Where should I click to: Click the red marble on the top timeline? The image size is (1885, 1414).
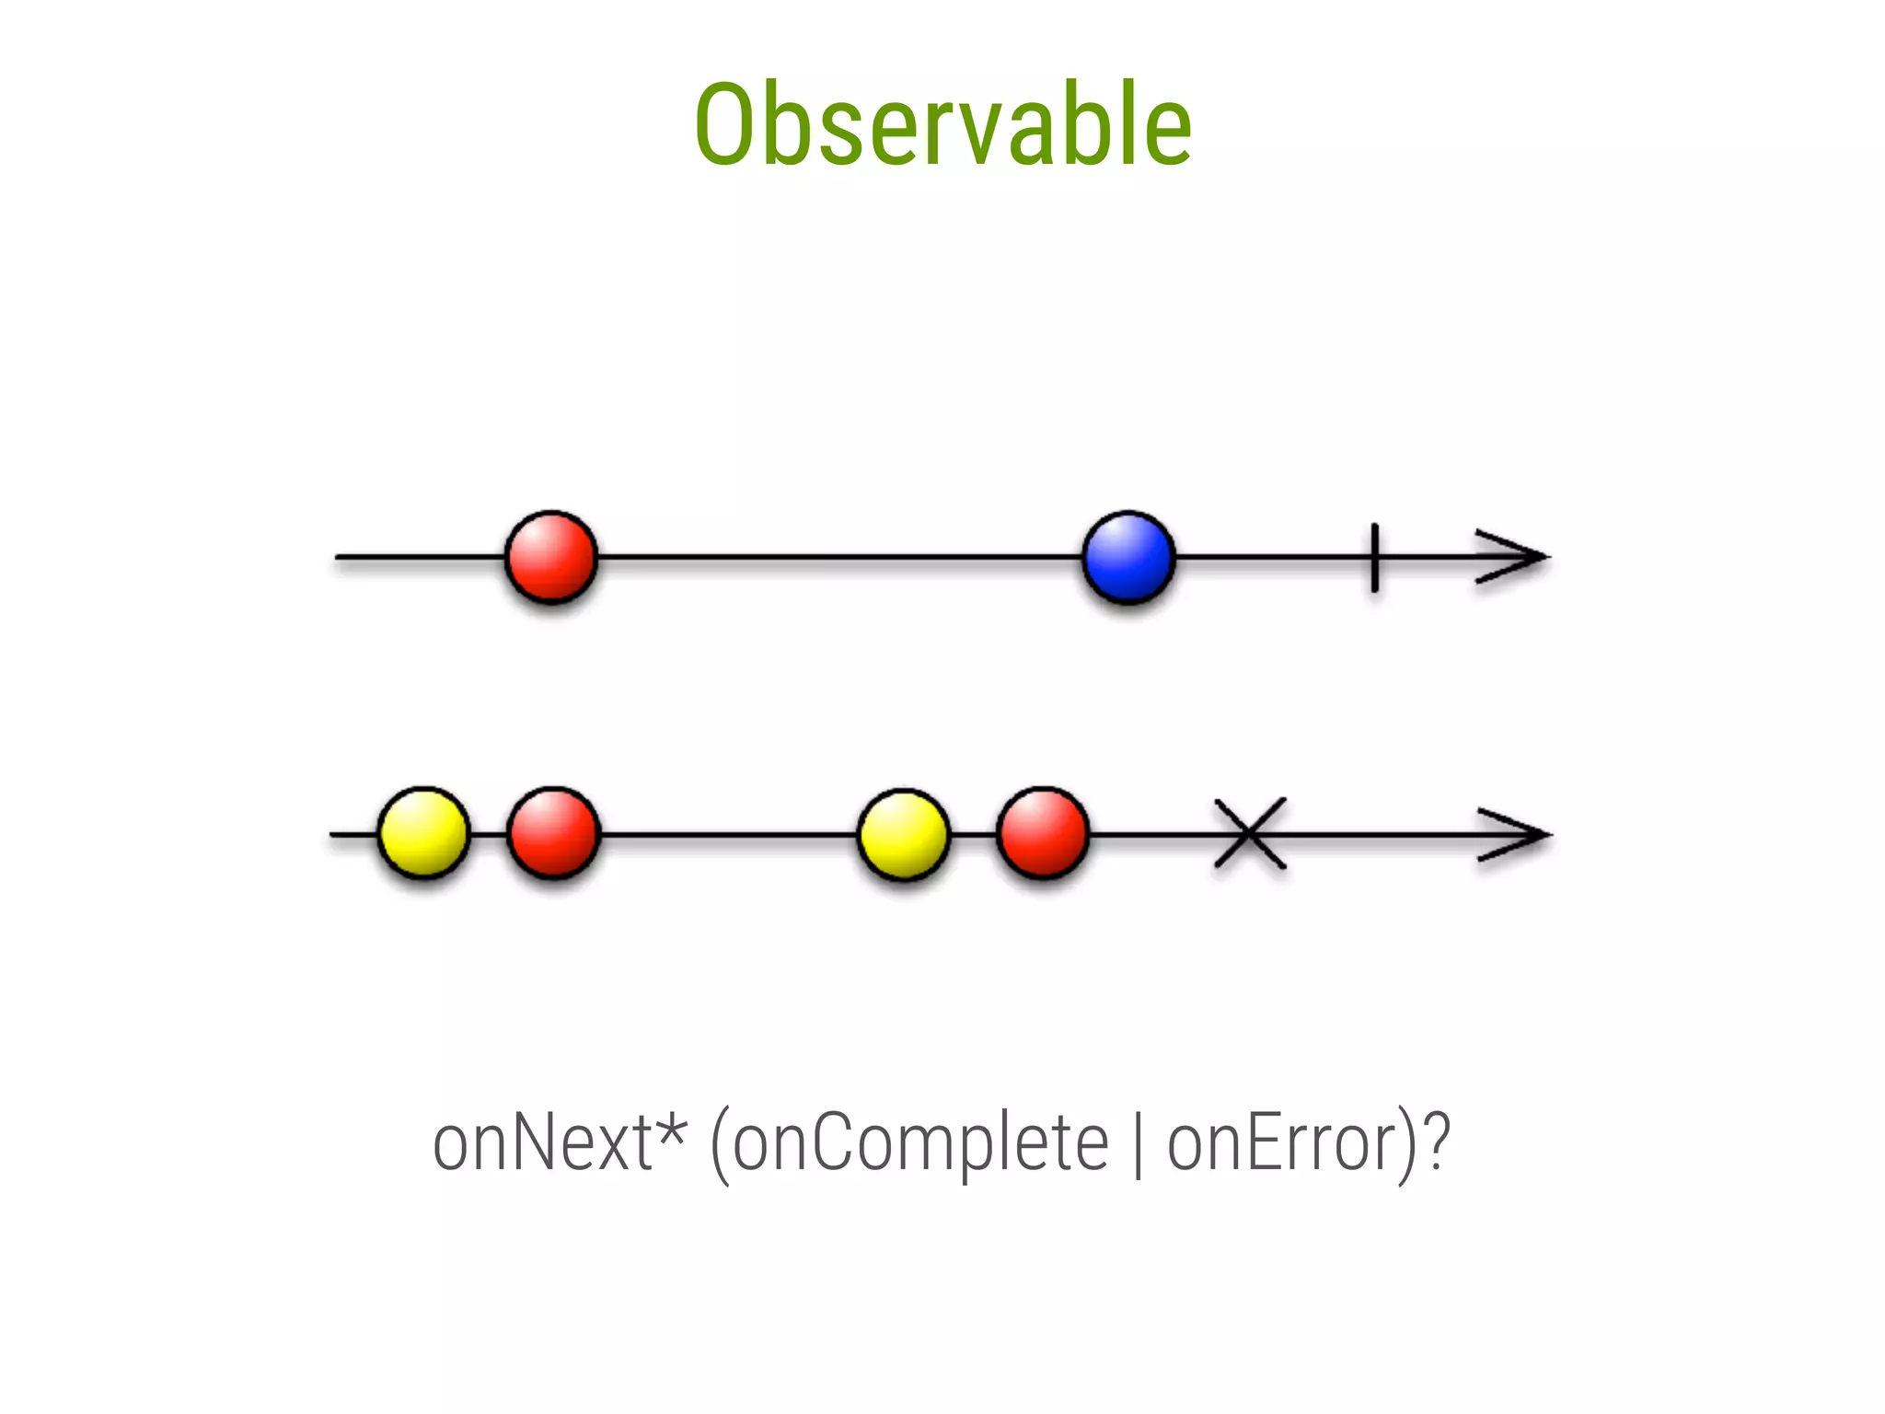pos(551,556)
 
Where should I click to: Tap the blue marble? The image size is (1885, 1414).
pos(1128,556)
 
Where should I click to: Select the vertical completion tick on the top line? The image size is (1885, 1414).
pos(1374,557)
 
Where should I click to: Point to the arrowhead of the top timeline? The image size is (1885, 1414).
pos(1519,556)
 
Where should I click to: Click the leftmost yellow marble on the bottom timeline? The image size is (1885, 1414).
pos(423,833)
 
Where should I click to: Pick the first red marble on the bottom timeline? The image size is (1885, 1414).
pos(553,833)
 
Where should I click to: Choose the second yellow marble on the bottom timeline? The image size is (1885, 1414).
pos(903,834)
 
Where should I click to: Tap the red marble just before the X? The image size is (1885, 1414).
pos(1043,833)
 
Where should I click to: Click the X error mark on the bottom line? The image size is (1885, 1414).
pos(1249,833)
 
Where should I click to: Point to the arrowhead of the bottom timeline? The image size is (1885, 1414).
pos(1521,834)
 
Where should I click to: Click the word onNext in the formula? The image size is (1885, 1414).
pos(543,1142)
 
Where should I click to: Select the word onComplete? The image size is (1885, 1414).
pos(920,1142)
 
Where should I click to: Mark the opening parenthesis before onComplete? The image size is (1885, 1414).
pos(720,1146)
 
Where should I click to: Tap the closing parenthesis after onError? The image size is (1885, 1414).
pos(1407,1146)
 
